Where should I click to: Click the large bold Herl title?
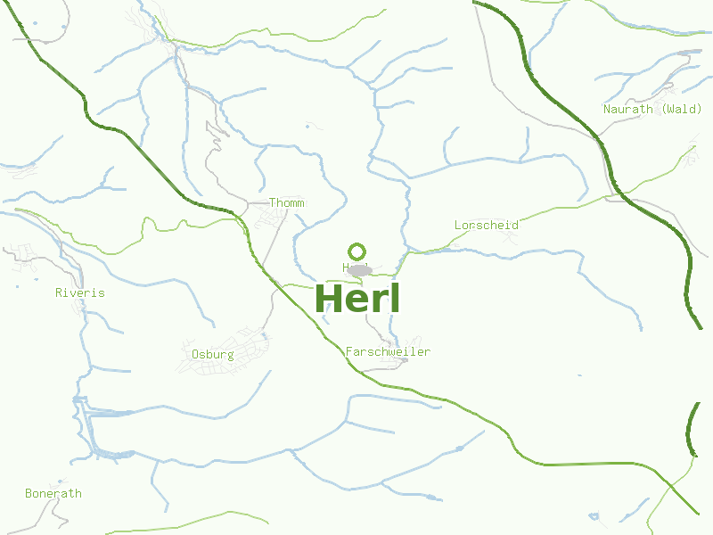click(x=357, y=299)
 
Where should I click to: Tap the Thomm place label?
click(x=286, y=203)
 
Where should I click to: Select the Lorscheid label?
click(x=486, y=226)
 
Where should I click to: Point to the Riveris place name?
click(x=79, y=292)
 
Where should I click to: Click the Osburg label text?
click(x=212, y=354)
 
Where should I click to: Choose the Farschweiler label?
click(x=388, y=352)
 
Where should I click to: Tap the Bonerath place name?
click(x=53, y=493)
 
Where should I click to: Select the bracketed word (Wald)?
click(x=681, y=109)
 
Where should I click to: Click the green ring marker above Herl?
click(x=357, y=251)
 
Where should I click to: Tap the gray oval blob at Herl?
click(x=360, y=269)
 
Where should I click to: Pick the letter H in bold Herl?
click(x=329, y=299)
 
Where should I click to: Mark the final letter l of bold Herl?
click(x=394, y=299)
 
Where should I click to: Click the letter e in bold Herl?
click(x=356, y=301)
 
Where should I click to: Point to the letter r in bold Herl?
click(x=378, y=301)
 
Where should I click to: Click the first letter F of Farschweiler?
click(x=349, y=352)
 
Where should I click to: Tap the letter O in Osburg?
click(x=195, y=354)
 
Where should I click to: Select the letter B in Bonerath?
click(x=29, y=493)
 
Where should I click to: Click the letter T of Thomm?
click(x=273, y=203)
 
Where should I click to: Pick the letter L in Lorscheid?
click(x=458, y=226)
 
